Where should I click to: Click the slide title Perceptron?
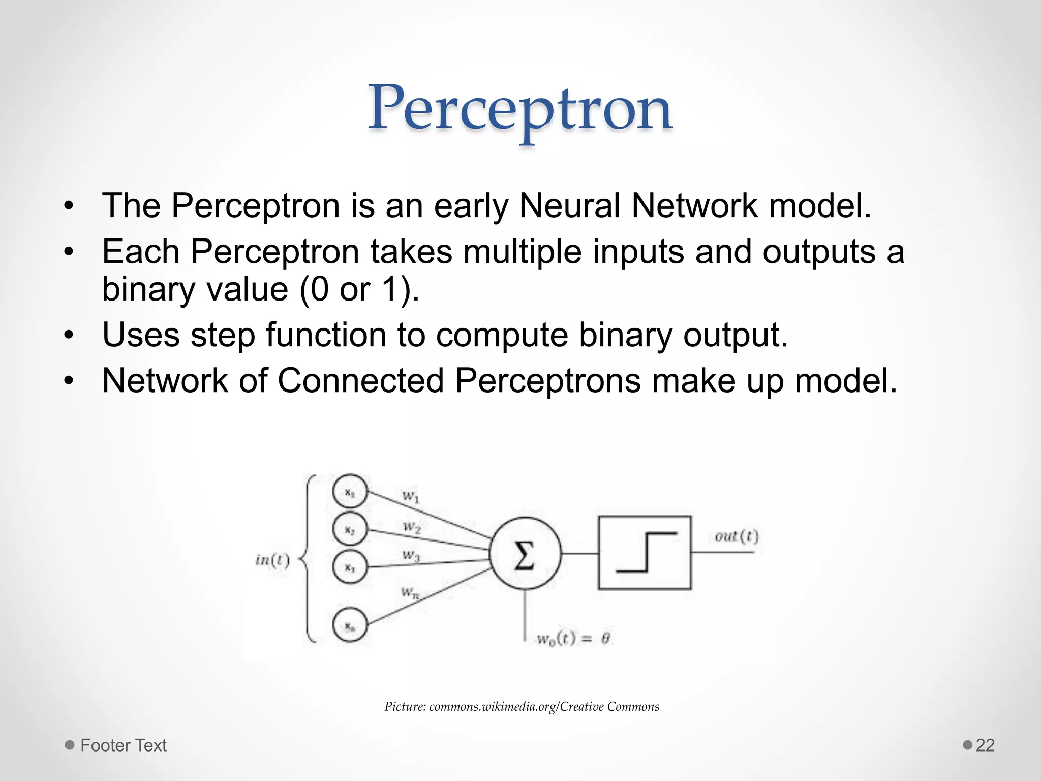(520, 109)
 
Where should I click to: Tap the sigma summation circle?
(525, 554)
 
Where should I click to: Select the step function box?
(645, 553)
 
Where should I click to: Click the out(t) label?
(736, 536)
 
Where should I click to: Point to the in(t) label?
(272, 560)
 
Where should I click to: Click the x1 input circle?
(350, 492)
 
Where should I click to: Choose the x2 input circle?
(350, 529)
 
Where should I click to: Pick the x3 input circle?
(350, 567)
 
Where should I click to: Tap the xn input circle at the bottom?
(350, 626)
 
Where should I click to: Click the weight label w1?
(411, 496)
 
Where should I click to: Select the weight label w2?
(412, 527)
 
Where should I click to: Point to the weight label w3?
(411, 555)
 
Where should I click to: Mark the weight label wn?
(410, 593)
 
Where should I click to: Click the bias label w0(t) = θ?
(573, 639)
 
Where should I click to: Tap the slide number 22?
(985, 745)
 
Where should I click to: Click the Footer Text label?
(124, 745)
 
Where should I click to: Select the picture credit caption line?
(522, 707)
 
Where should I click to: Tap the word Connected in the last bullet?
(360, 381)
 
